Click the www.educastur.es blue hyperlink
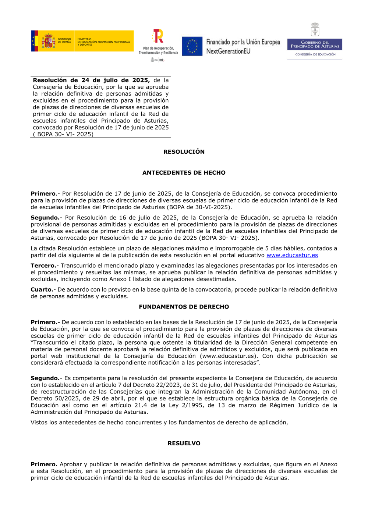(x=292, y=255)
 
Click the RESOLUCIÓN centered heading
(x=184, y=152)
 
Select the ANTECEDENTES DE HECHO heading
(x=184, y=172)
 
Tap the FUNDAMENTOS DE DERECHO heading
(x=184, y=307)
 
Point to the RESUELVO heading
(x=184, y=443)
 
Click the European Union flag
(x=192, y=46)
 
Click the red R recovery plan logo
(x=158, y=36)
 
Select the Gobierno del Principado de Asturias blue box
(x=315, y=44)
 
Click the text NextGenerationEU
(x=228, y=51)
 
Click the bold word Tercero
(x=43, y=266)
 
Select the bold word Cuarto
(x=42, y=289)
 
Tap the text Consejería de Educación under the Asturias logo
(x=315, y=54)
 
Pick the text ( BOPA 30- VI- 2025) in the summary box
(x=63, y=134)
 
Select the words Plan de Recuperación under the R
(x=158, y=48)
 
